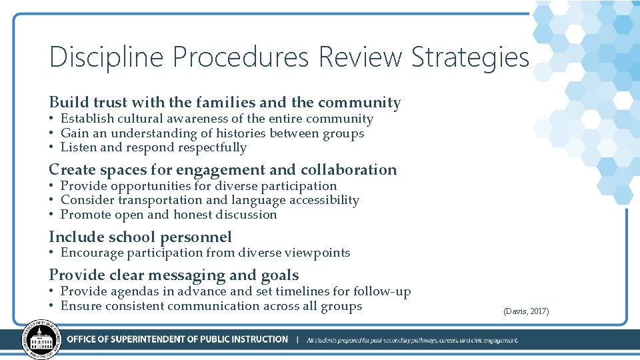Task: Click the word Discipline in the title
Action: pyautogui.click(x=106, y=57)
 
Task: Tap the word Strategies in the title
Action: pyautogui.click(x=469, y=57)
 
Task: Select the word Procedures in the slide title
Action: pyautogui.click(x=241, y=57)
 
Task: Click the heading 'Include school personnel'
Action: pyautogui.click(x=140, y=237)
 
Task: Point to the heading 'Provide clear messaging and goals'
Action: pyautogui.click(x=173, y=275)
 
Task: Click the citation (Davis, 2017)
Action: pyautogui.click(x=526, y=311)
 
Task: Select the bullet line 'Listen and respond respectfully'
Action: pyautogui.click(x=153, y=147)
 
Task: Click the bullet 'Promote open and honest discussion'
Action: pyautogui.click(x=168, y=215)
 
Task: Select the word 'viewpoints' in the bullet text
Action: pyautogui.click(x=317, y=253)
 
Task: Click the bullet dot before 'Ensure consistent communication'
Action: pyautogui.click(x=51, y=307)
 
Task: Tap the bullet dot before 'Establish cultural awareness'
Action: pyautogui.click(x=51, y=119)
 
